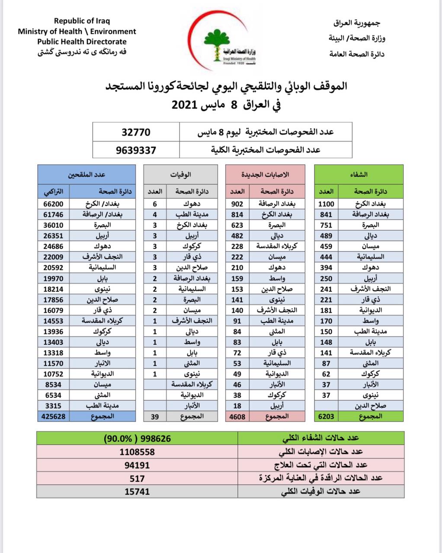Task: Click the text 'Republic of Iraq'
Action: (82, 21)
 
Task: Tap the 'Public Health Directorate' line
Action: (82, 42)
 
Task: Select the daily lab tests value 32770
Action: (136, 132)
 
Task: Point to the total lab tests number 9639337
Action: (136, 150)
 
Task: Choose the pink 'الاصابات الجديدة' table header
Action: (271, 175)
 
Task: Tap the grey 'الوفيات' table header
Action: (181, 175)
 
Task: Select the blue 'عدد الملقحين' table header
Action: (86, 175)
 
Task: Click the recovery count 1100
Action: (326, 204)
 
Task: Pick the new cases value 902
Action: (237, 204)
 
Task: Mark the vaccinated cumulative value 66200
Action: (54, 204)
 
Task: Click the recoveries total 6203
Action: (326, 416)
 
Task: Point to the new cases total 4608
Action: (237, 416)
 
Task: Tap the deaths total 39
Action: (155, 416)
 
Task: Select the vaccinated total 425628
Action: (54, 416)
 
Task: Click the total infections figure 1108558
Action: (137, 452)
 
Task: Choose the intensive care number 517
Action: (137, 478)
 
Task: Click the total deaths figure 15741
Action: (137, 491)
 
